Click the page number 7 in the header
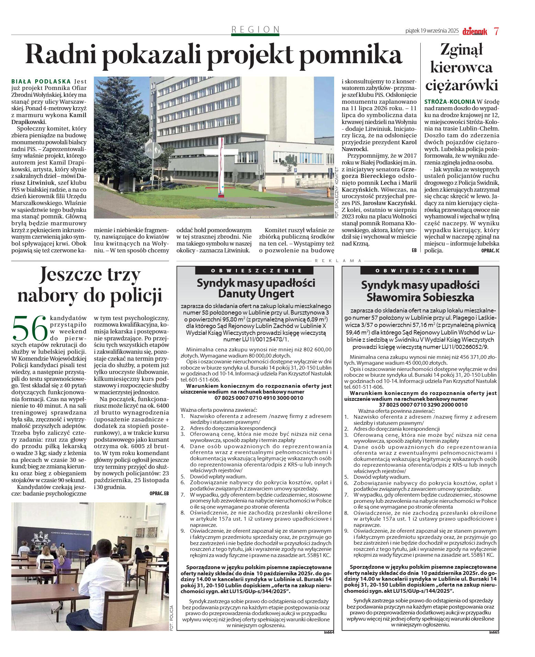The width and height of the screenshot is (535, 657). point(496,31)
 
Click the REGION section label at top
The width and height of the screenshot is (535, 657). point(255,30)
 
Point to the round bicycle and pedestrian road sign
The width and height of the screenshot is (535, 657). point(153,150)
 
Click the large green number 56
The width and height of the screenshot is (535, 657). point(29,328)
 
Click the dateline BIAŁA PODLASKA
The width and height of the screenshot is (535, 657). point(41,82)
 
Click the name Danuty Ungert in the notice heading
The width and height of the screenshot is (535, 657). point(256,294)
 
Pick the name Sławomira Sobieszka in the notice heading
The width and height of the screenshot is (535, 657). point(420,297)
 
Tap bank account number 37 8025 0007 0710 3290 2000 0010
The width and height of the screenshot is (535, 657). point(423,405)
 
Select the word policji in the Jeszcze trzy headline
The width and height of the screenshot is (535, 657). point(137,296)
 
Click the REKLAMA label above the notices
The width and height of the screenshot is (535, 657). point(338,261)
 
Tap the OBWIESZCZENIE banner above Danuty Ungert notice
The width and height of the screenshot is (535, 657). point(256,271)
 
